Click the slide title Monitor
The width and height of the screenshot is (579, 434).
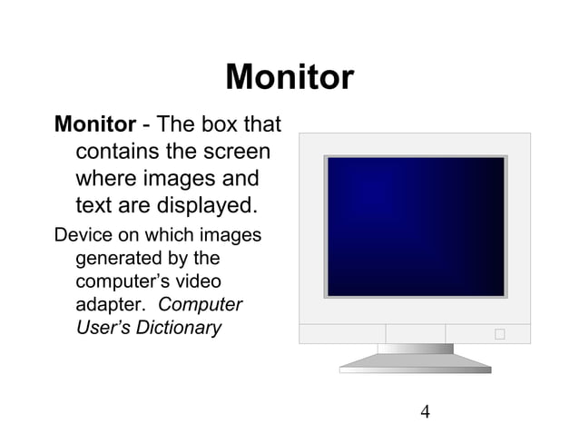[x=289, y=77]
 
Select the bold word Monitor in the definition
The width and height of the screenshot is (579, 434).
[x=95, y=123]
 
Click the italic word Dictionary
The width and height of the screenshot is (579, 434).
[x=179, y=328]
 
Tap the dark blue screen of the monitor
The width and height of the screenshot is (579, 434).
[x=415, y=226]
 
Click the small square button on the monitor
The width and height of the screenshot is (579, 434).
[x=499, y=334]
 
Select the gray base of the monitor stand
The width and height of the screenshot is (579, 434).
[x=415, y=364]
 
